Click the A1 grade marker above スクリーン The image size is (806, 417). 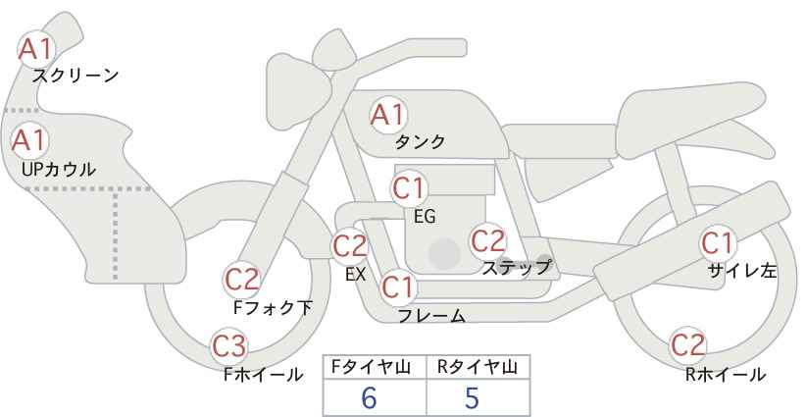35,50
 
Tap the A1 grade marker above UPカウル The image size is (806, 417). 29,140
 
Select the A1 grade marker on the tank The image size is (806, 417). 388,116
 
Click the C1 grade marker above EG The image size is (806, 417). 409,188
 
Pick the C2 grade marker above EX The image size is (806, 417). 349,245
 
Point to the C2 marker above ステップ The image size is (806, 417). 488,240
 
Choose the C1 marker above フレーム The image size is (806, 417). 398,287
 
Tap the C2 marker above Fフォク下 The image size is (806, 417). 241,281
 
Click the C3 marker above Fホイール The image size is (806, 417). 229,346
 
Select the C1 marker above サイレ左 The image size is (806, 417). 718,243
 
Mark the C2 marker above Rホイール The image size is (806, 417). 687,345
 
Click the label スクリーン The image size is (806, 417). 76,77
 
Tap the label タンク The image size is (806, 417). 420,141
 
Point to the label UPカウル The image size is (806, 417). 59,169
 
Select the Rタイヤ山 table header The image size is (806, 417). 478,367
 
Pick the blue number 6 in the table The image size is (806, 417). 369,397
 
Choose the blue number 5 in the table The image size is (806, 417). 472,397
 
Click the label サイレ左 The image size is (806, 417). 741,271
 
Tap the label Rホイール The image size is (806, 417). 726,375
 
